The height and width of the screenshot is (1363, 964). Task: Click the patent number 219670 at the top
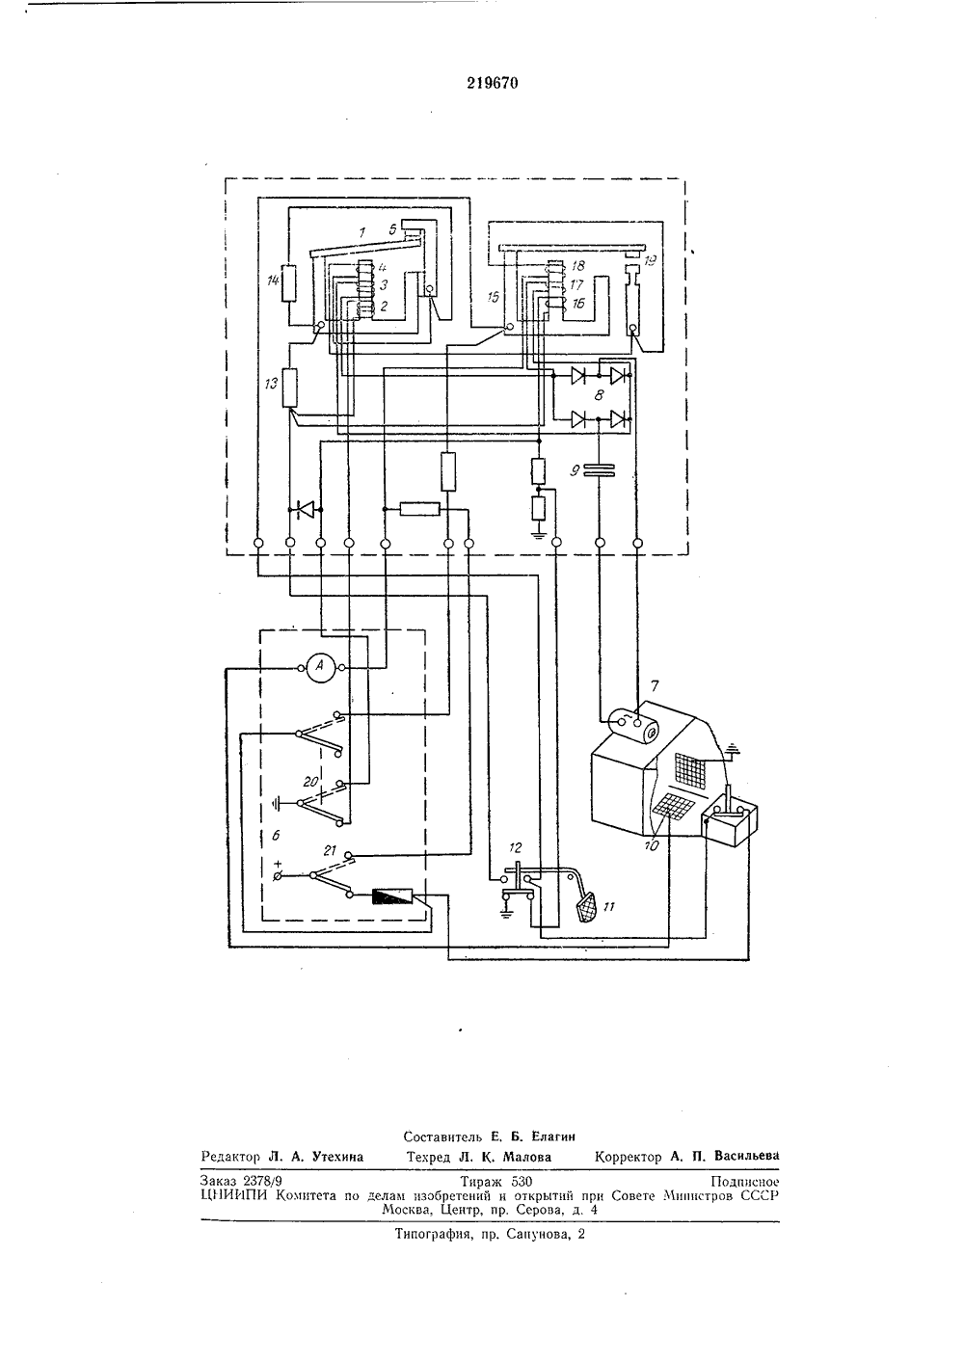(493, 83)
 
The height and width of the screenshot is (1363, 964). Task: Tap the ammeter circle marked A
(321, 667)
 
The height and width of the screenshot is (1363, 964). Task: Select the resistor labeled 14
(289, 283)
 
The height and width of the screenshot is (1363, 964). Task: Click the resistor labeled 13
(290, 388)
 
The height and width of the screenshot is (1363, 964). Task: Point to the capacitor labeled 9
(600, 469)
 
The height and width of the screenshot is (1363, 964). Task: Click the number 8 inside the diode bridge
(599, 395)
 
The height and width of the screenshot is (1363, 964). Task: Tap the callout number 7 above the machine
(655, 685)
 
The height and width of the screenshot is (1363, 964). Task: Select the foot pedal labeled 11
(587, 907)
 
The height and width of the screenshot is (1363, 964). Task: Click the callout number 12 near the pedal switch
(516, 847)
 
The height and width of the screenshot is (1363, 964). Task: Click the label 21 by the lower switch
(330, 850)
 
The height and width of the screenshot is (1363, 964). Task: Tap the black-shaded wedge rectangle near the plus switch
(392, 895)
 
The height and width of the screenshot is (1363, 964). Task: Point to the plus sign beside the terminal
(279, 863)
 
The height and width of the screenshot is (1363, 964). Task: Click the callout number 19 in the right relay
(651, 260)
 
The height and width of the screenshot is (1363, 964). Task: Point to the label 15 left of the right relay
(493, 296)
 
